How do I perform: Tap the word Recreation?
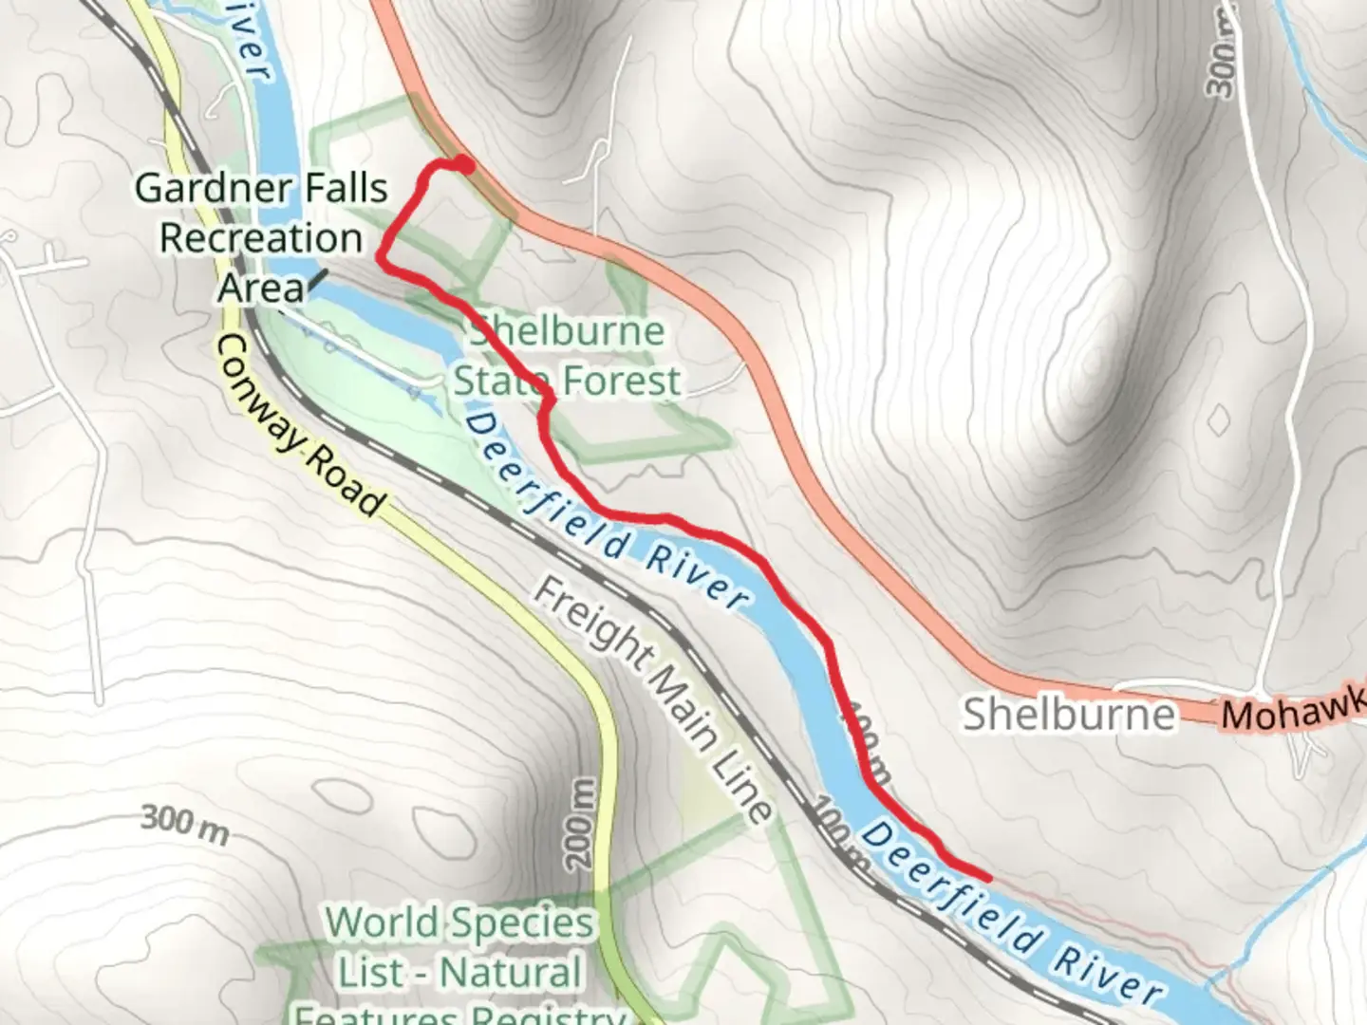pyautogui.click(x=261, y=237)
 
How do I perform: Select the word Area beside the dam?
pyautogui.click(x=261, y=286)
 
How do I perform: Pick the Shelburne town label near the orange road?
pyautogui.click(x=1069, y=714)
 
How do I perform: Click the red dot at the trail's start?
pyautogui.click(x=465, y=165)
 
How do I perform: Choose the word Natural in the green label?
pyautogui.click(x=511, y=972)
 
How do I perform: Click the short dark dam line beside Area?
pyautogui.click(x=316, y=277)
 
